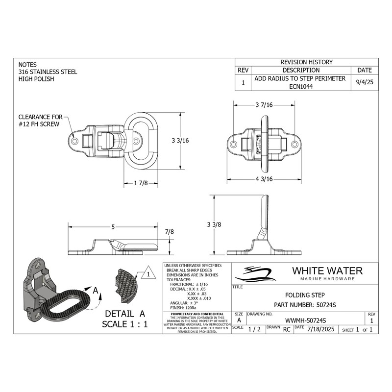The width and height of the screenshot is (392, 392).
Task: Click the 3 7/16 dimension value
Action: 264,105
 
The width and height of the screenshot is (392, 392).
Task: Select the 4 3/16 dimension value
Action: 264,179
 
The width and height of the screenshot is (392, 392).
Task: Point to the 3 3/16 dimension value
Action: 180,140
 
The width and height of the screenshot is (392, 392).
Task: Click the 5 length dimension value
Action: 113,227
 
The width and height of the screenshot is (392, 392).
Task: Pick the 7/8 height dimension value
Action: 170,231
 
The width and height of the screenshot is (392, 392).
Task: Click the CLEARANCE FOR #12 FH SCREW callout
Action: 40,121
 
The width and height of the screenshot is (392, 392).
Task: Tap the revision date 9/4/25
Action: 365,82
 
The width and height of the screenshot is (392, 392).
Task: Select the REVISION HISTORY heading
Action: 306,62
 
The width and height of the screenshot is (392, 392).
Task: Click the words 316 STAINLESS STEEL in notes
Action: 48,72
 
